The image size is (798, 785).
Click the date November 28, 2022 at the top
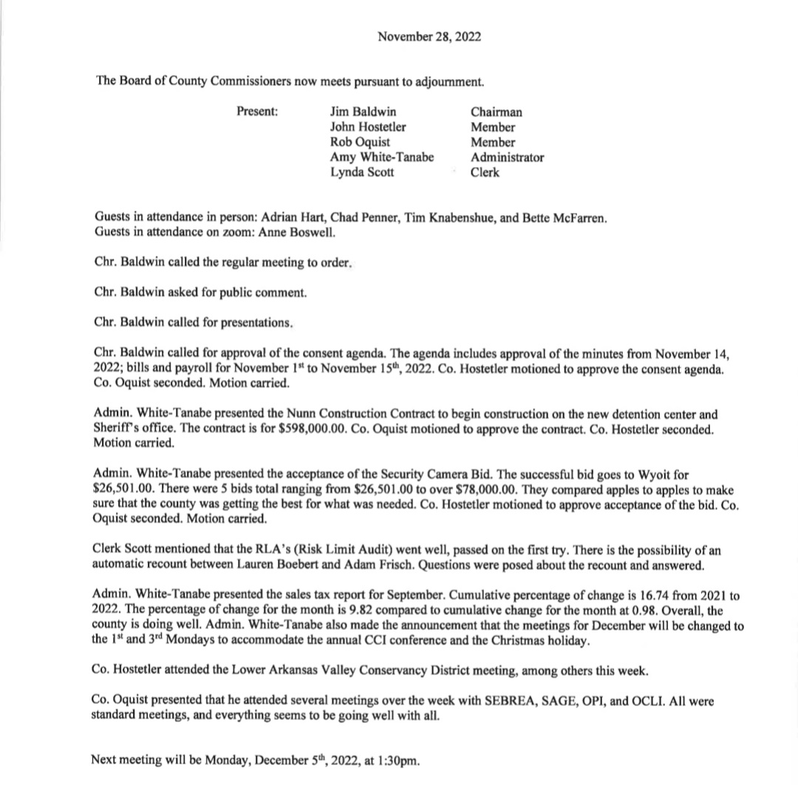tap(429, 36)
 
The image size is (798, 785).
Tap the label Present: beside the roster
tap(257, 112)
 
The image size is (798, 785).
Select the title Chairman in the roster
tap(497, 112)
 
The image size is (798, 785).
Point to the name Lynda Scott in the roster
tap(362, 172)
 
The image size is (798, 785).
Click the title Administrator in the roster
tap(508, 157)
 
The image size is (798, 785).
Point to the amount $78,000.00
tap(361, 489)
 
